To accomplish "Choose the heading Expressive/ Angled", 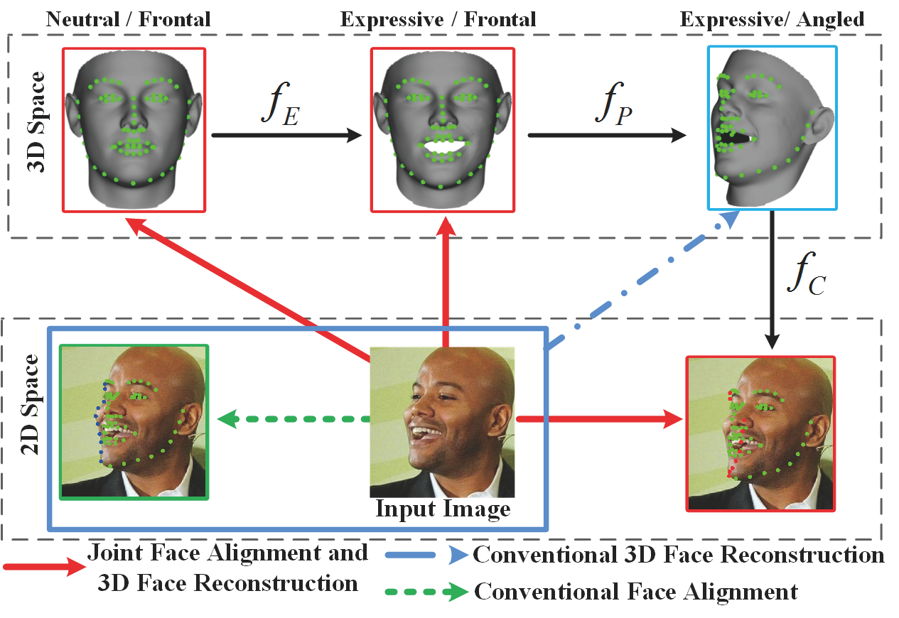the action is pos(772,19).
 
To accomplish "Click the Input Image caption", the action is pos(442,509).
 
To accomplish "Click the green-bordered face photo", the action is pos(134,421).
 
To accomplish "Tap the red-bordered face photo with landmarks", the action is pos(760,433).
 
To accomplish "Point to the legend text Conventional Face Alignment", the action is pos(635,590).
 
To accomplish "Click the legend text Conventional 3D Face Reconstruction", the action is pos(679,555).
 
